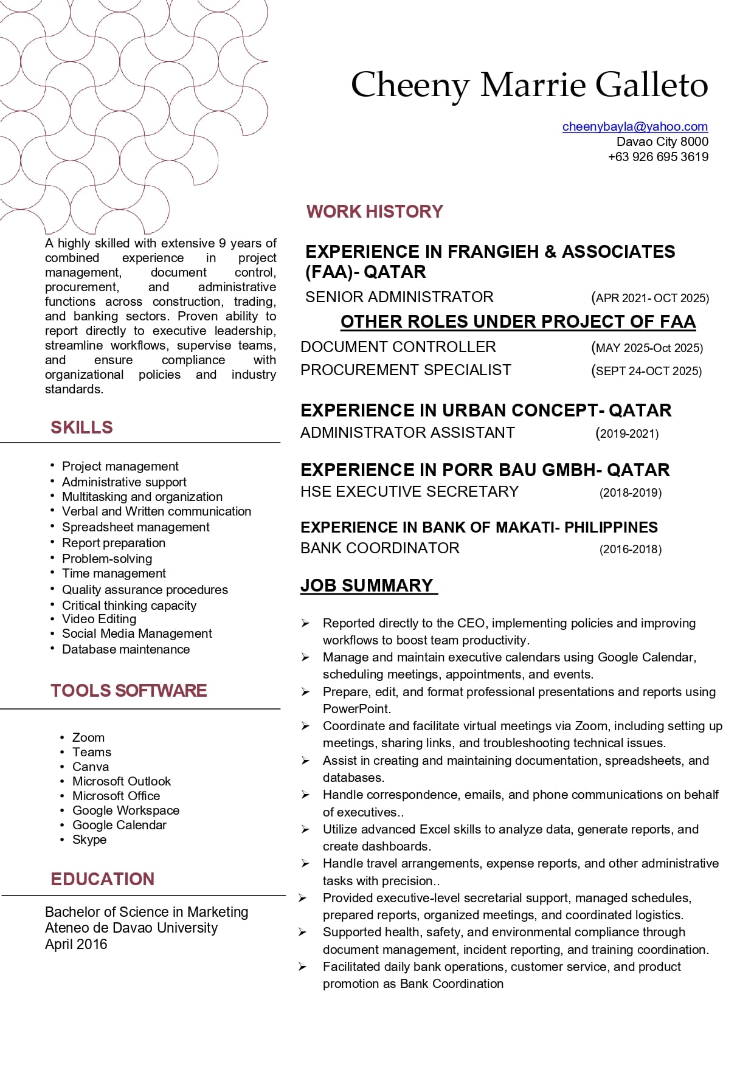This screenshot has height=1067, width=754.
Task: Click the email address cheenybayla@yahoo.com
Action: (635, 126)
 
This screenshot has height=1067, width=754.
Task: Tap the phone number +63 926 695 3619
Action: (658, 157)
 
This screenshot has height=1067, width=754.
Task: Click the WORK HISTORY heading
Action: (375, 212)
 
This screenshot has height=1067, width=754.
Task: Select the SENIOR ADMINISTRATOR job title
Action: (399, 297)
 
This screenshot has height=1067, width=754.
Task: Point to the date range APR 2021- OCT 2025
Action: (650, 298)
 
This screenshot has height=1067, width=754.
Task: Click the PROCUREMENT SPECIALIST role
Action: (406, 370)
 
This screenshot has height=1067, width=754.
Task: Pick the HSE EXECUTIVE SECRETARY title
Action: (409, 492)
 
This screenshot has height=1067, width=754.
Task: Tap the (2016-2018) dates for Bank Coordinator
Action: (631, 549)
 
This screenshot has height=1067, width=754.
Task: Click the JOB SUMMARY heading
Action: (367, 585)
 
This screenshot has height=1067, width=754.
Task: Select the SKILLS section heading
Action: (81, 427)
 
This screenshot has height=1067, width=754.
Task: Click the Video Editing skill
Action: (99, 619)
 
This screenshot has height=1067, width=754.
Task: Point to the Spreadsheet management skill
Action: (136, 527)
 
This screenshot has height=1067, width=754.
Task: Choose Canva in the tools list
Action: (91, 767)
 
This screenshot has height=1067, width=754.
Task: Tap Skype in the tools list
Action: (89, 840)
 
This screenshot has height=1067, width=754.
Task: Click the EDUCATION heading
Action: (102, 879)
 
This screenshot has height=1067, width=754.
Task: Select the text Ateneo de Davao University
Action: (131, 928)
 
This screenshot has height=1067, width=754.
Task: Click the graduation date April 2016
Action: (76, 944)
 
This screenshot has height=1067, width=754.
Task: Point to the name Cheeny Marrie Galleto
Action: (529, 85)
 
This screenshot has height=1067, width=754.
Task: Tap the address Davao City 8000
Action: (662, 142)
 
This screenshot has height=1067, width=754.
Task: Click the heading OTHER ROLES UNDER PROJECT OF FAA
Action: (517, 322)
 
